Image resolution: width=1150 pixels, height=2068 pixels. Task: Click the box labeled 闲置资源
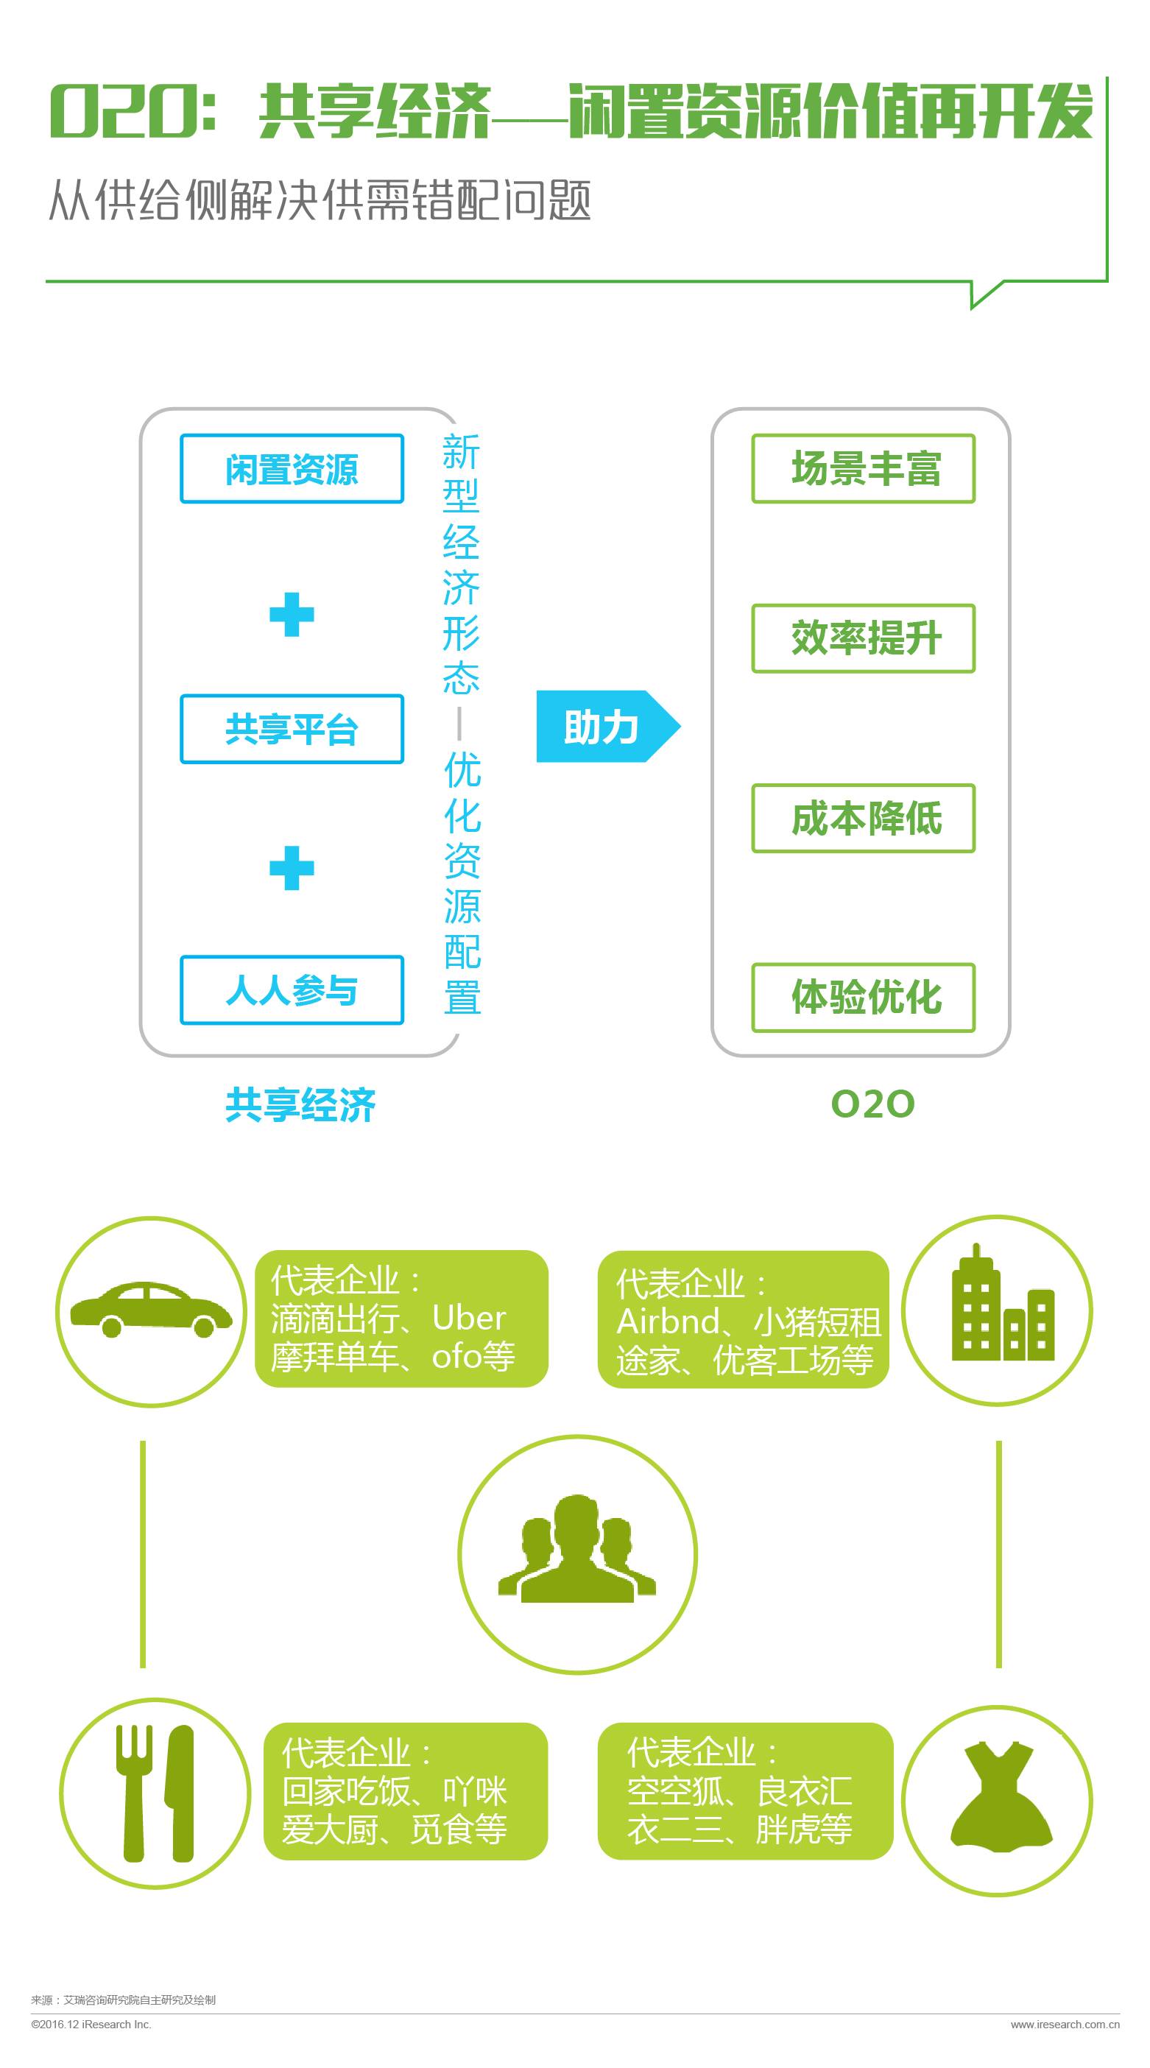(x=292, y=469)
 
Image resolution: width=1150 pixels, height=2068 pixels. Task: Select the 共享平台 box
(x=292, y=729)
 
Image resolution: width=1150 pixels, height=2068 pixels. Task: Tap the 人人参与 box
(x=292, y=990)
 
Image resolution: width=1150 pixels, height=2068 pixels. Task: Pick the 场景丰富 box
(x=864, y=469)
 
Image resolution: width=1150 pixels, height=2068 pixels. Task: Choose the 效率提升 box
(x=864, y=638)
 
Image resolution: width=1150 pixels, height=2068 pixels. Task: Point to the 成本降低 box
(x=864, y=818)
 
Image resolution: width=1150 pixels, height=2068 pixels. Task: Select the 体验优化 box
(x=864, y=997)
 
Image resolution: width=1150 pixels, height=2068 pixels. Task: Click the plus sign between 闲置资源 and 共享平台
(x=292, y=615)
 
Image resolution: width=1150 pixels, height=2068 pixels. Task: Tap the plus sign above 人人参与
(x=292, y=868)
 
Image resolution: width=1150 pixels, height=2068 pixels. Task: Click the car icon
(x=151, y=1310)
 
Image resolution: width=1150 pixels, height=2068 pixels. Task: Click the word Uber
(x=469, y=1319)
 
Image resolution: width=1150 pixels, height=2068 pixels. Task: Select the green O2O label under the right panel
(x=873, y=1104)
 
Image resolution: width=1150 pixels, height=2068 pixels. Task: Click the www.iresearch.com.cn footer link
(x=1065, y=2025)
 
